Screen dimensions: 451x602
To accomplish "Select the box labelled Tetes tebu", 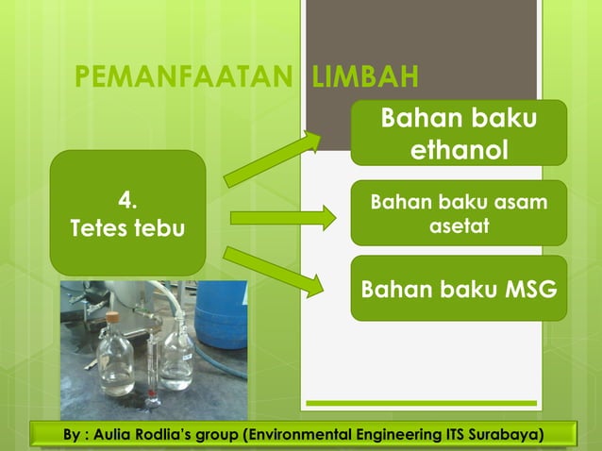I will (127, 212).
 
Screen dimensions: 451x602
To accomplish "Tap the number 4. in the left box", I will (127, 199).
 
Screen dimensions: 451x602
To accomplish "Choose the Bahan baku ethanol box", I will (458, 133).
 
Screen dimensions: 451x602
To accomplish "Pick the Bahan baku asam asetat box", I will (458, 213).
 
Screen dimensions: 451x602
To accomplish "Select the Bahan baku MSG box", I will (458, 288).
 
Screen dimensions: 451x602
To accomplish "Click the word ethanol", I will (459, 150).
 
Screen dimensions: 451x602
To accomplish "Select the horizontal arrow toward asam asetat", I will (282, 218).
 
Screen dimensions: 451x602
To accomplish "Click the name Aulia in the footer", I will (109, 435).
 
